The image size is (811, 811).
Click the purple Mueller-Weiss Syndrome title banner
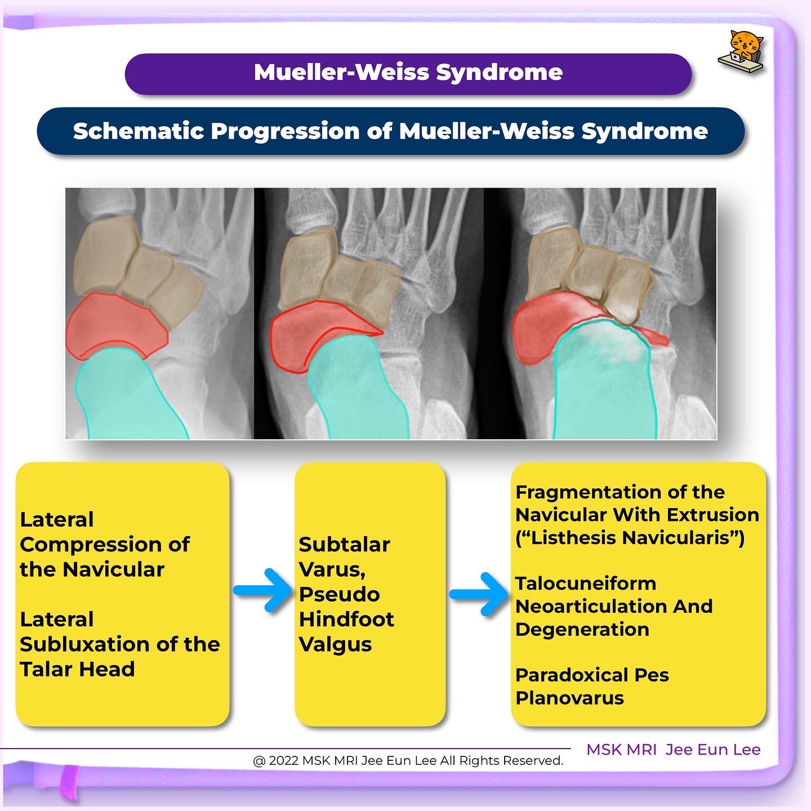pyautogui.click(x=408, y=73)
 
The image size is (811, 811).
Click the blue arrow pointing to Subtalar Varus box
pyautogui.click(x=262, y=590)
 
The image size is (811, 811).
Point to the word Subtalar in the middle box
pyautogui.click(x=344, y=545)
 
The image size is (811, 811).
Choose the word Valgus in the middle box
pyautogui.click(x=335, y=644)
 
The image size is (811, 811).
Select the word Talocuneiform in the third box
pyautogui.click(x=586, y=583)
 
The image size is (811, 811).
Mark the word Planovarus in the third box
pyautogui.click(x=569, y=698)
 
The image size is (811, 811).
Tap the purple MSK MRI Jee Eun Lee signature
pyautogui.click(x=673, y=750)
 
